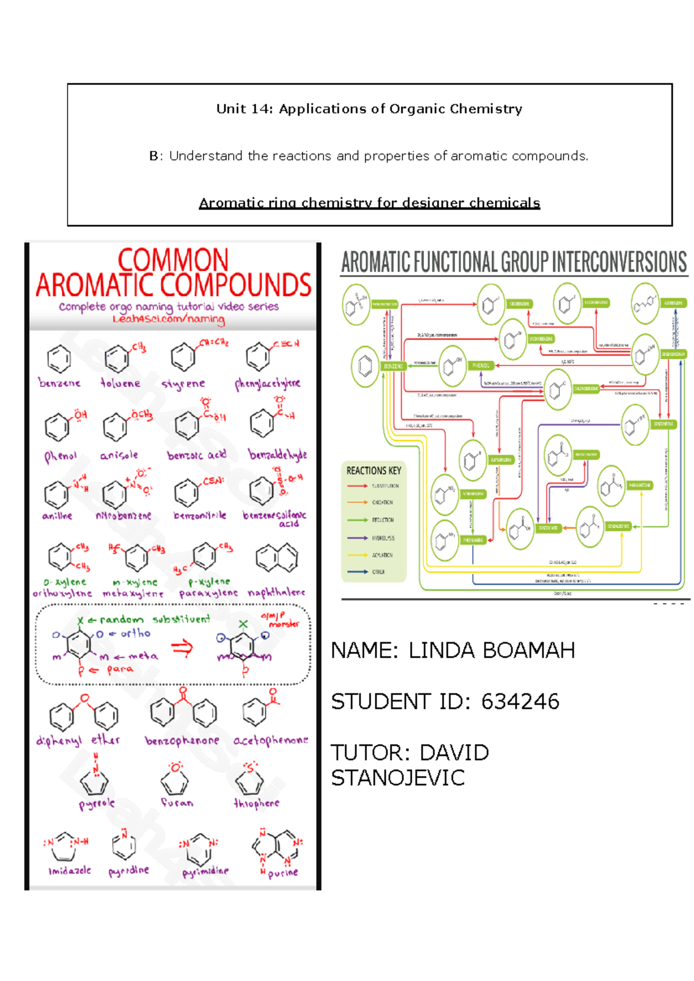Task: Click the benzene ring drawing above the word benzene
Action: click(59, 359)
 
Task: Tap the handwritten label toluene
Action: click(120, 383)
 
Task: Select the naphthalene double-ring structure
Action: click(277, 558)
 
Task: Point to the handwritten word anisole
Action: click(119, 455)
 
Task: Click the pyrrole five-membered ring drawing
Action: click(94, 782)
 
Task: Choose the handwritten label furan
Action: click(177, 803)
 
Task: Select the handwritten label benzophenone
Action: click(182, 740)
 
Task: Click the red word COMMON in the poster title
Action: click(173, 260)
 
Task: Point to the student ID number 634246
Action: click(520, 702)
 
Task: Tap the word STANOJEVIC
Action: click(398, 778)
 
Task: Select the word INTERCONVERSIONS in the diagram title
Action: click(619, 262)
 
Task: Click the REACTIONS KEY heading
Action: click(374, 470)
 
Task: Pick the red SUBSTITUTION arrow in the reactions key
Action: click(357, 486)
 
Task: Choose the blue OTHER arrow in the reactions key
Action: click(357, 571)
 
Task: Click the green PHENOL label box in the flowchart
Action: click(481, 366)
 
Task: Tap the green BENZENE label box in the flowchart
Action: click(393, 366)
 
